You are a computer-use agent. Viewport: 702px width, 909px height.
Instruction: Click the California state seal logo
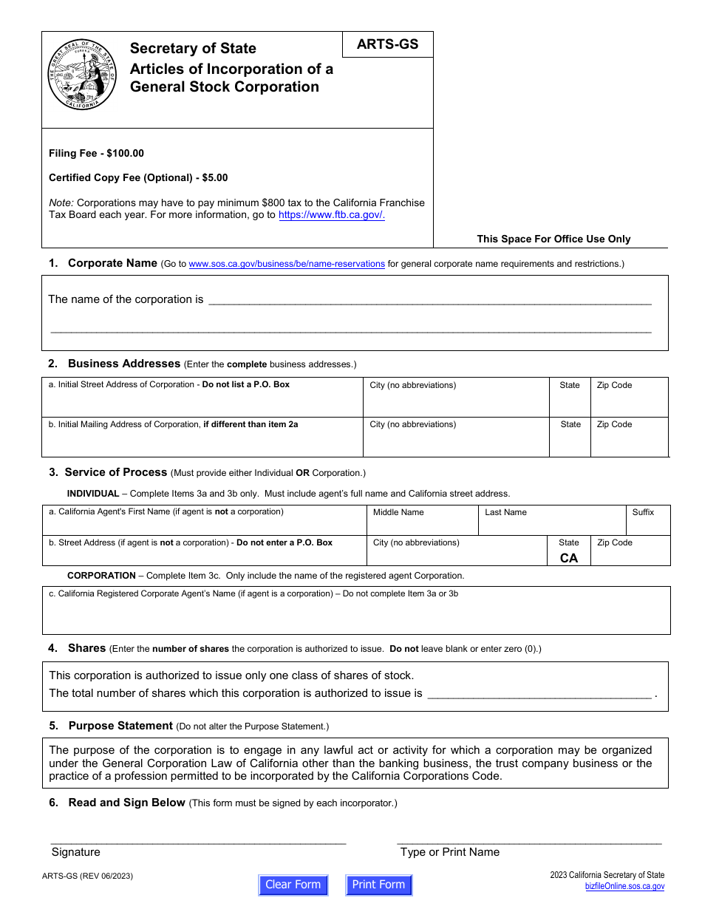[x=82, y=75]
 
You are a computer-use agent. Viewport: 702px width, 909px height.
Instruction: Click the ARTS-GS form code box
[x=387, y=44]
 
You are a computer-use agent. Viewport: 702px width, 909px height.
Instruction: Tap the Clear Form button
[x=293, y=885]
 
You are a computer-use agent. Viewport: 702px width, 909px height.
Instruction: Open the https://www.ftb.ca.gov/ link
[x=332, y=215]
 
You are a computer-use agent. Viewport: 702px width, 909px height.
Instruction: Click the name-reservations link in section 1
[x=287, y=264]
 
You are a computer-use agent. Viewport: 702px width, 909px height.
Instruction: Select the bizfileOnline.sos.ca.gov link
[x=624, y=886]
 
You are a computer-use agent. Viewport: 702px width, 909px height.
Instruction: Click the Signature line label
[x=76, y=852]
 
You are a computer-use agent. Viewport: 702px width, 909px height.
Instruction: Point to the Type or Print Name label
[x=449, y=852]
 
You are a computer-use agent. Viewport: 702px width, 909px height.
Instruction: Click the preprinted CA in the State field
[x=569, y=558]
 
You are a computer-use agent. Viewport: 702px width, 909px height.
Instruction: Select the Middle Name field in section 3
[x=422, y=521]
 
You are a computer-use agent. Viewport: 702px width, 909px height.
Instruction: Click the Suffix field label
[x=643, y=512]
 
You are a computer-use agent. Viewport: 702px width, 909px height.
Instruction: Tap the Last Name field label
[x=505, y=512]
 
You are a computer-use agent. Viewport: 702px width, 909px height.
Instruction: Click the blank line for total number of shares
[x=539, y=694]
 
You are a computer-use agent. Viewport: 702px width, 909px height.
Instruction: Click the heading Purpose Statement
[x=120, y=726]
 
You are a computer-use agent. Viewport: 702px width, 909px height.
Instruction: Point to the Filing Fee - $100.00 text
[x=96, y=154]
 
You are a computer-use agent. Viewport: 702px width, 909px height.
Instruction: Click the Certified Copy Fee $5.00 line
[x=138, y=178]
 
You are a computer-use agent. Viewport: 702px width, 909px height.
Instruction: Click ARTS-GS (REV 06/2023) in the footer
[x=87, y=876]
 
